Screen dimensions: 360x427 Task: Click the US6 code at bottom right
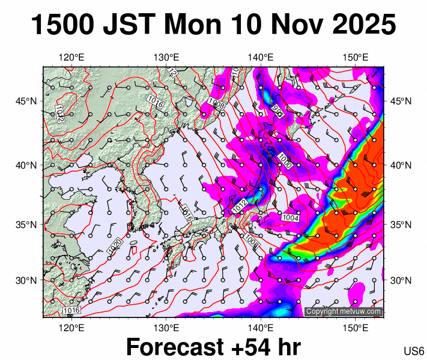point(414,351)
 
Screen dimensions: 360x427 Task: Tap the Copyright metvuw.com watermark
point(344,311)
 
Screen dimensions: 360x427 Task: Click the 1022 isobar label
point(59,113)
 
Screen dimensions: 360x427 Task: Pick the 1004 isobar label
point(291,217)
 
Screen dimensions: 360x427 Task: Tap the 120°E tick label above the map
point(71,58)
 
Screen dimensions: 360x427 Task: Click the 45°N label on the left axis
point(27,101)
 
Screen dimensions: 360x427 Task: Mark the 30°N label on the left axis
point(27,280)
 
